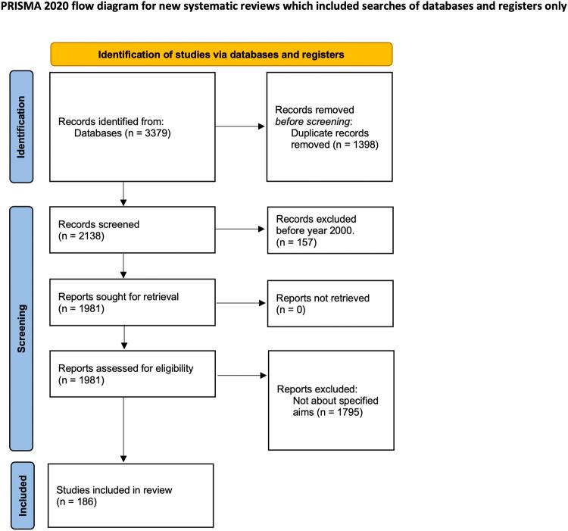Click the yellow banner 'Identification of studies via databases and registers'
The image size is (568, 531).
(221, 55)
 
